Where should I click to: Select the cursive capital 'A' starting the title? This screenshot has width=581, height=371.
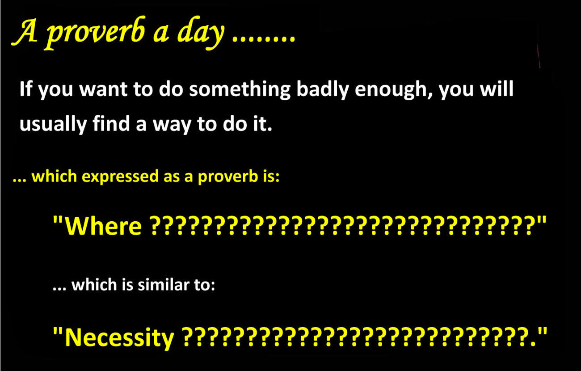25,32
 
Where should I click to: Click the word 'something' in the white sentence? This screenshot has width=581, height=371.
240,90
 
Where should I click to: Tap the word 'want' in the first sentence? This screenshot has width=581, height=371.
103,90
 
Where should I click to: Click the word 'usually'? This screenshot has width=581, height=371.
53,125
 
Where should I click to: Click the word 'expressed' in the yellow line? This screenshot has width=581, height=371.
120,177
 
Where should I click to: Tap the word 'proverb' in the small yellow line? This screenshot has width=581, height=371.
228,177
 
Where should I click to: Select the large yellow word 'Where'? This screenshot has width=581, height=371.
103,225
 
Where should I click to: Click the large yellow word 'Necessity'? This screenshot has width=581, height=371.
119,337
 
